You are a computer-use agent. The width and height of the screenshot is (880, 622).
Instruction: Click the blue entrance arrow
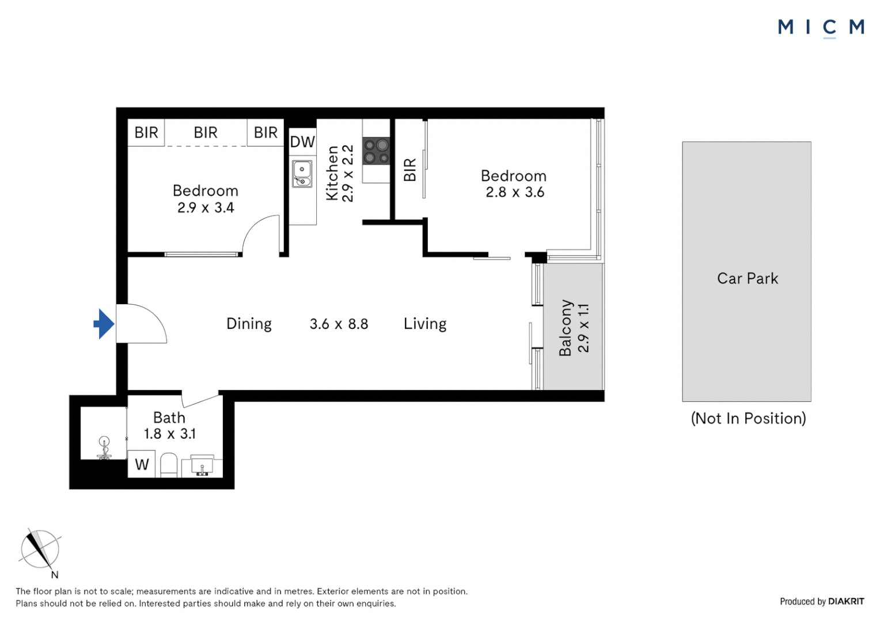pos(104,324)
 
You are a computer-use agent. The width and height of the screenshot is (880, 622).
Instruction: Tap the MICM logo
pos(821,27)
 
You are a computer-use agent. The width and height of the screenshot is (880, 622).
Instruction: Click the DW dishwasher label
pos(302,142)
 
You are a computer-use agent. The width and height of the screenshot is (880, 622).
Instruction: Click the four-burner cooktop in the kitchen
pos(376,151)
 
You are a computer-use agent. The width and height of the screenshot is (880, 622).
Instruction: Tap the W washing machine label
pos(142,464)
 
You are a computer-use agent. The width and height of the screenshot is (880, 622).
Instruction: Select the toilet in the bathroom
pos(168,465)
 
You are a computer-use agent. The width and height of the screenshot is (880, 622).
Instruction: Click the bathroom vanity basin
pos(202,465)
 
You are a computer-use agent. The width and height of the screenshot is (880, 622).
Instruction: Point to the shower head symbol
pos(104,445)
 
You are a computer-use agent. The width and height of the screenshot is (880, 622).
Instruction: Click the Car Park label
pos(747,279)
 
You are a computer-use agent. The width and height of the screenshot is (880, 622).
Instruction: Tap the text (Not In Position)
pos(748,419)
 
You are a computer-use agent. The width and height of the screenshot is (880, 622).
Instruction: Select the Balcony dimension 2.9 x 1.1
pos(583,328)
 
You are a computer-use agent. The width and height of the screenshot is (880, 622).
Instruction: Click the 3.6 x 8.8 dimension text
pos(339,324)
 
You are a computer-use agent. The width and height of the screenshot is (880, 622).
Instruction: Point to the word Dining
pos(249,324)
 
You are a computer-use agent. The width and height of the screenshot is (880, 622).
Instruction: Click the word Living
pos(425,324)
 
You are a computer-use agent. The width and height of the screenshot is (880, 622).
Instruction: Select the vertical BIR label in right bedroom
pos(409,170)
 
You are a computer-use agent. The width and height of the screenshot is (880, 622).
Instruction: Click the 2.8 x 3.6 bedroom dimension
pos(515,192)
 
